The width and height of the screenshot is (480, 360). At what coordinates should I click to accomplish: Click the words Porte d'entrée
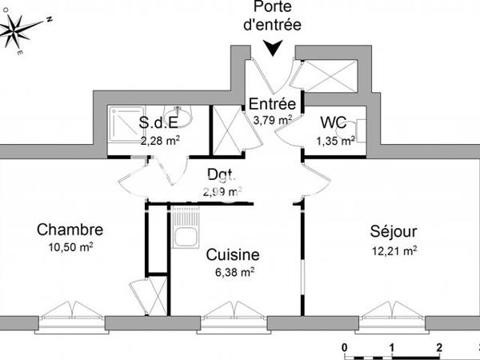tap(273, 16)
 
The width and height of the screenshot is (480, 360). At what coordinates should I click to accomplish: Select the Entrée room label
tap(273, 105)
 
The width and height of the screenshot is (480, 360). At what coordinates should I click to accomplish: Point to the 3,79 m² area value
tap(272, 120)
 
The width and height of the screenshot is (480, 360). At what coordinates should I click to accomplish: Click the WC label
tap(333, 123)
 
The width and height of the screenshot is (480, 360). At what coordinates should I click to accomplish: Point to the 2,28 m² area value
tap(160, 140)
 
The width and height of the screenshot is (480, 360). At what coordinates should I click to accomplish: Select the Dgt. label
tap(222, 174)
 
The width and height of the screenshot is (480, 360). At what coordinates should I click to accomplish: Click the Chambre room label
tap(70, 230)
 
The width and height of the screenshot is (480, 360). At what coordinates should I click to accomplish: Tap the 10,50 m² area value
tap(70, 248)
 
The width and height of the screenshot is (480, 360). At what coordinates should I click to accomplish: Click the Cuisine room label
tap(233, 254)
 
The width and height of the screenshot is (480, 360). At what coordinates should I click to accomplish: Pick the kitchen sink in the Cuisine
tap(186, 238)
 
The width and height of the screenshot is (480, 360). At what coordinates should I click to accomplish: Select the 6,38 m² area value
tap(233, 271)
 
